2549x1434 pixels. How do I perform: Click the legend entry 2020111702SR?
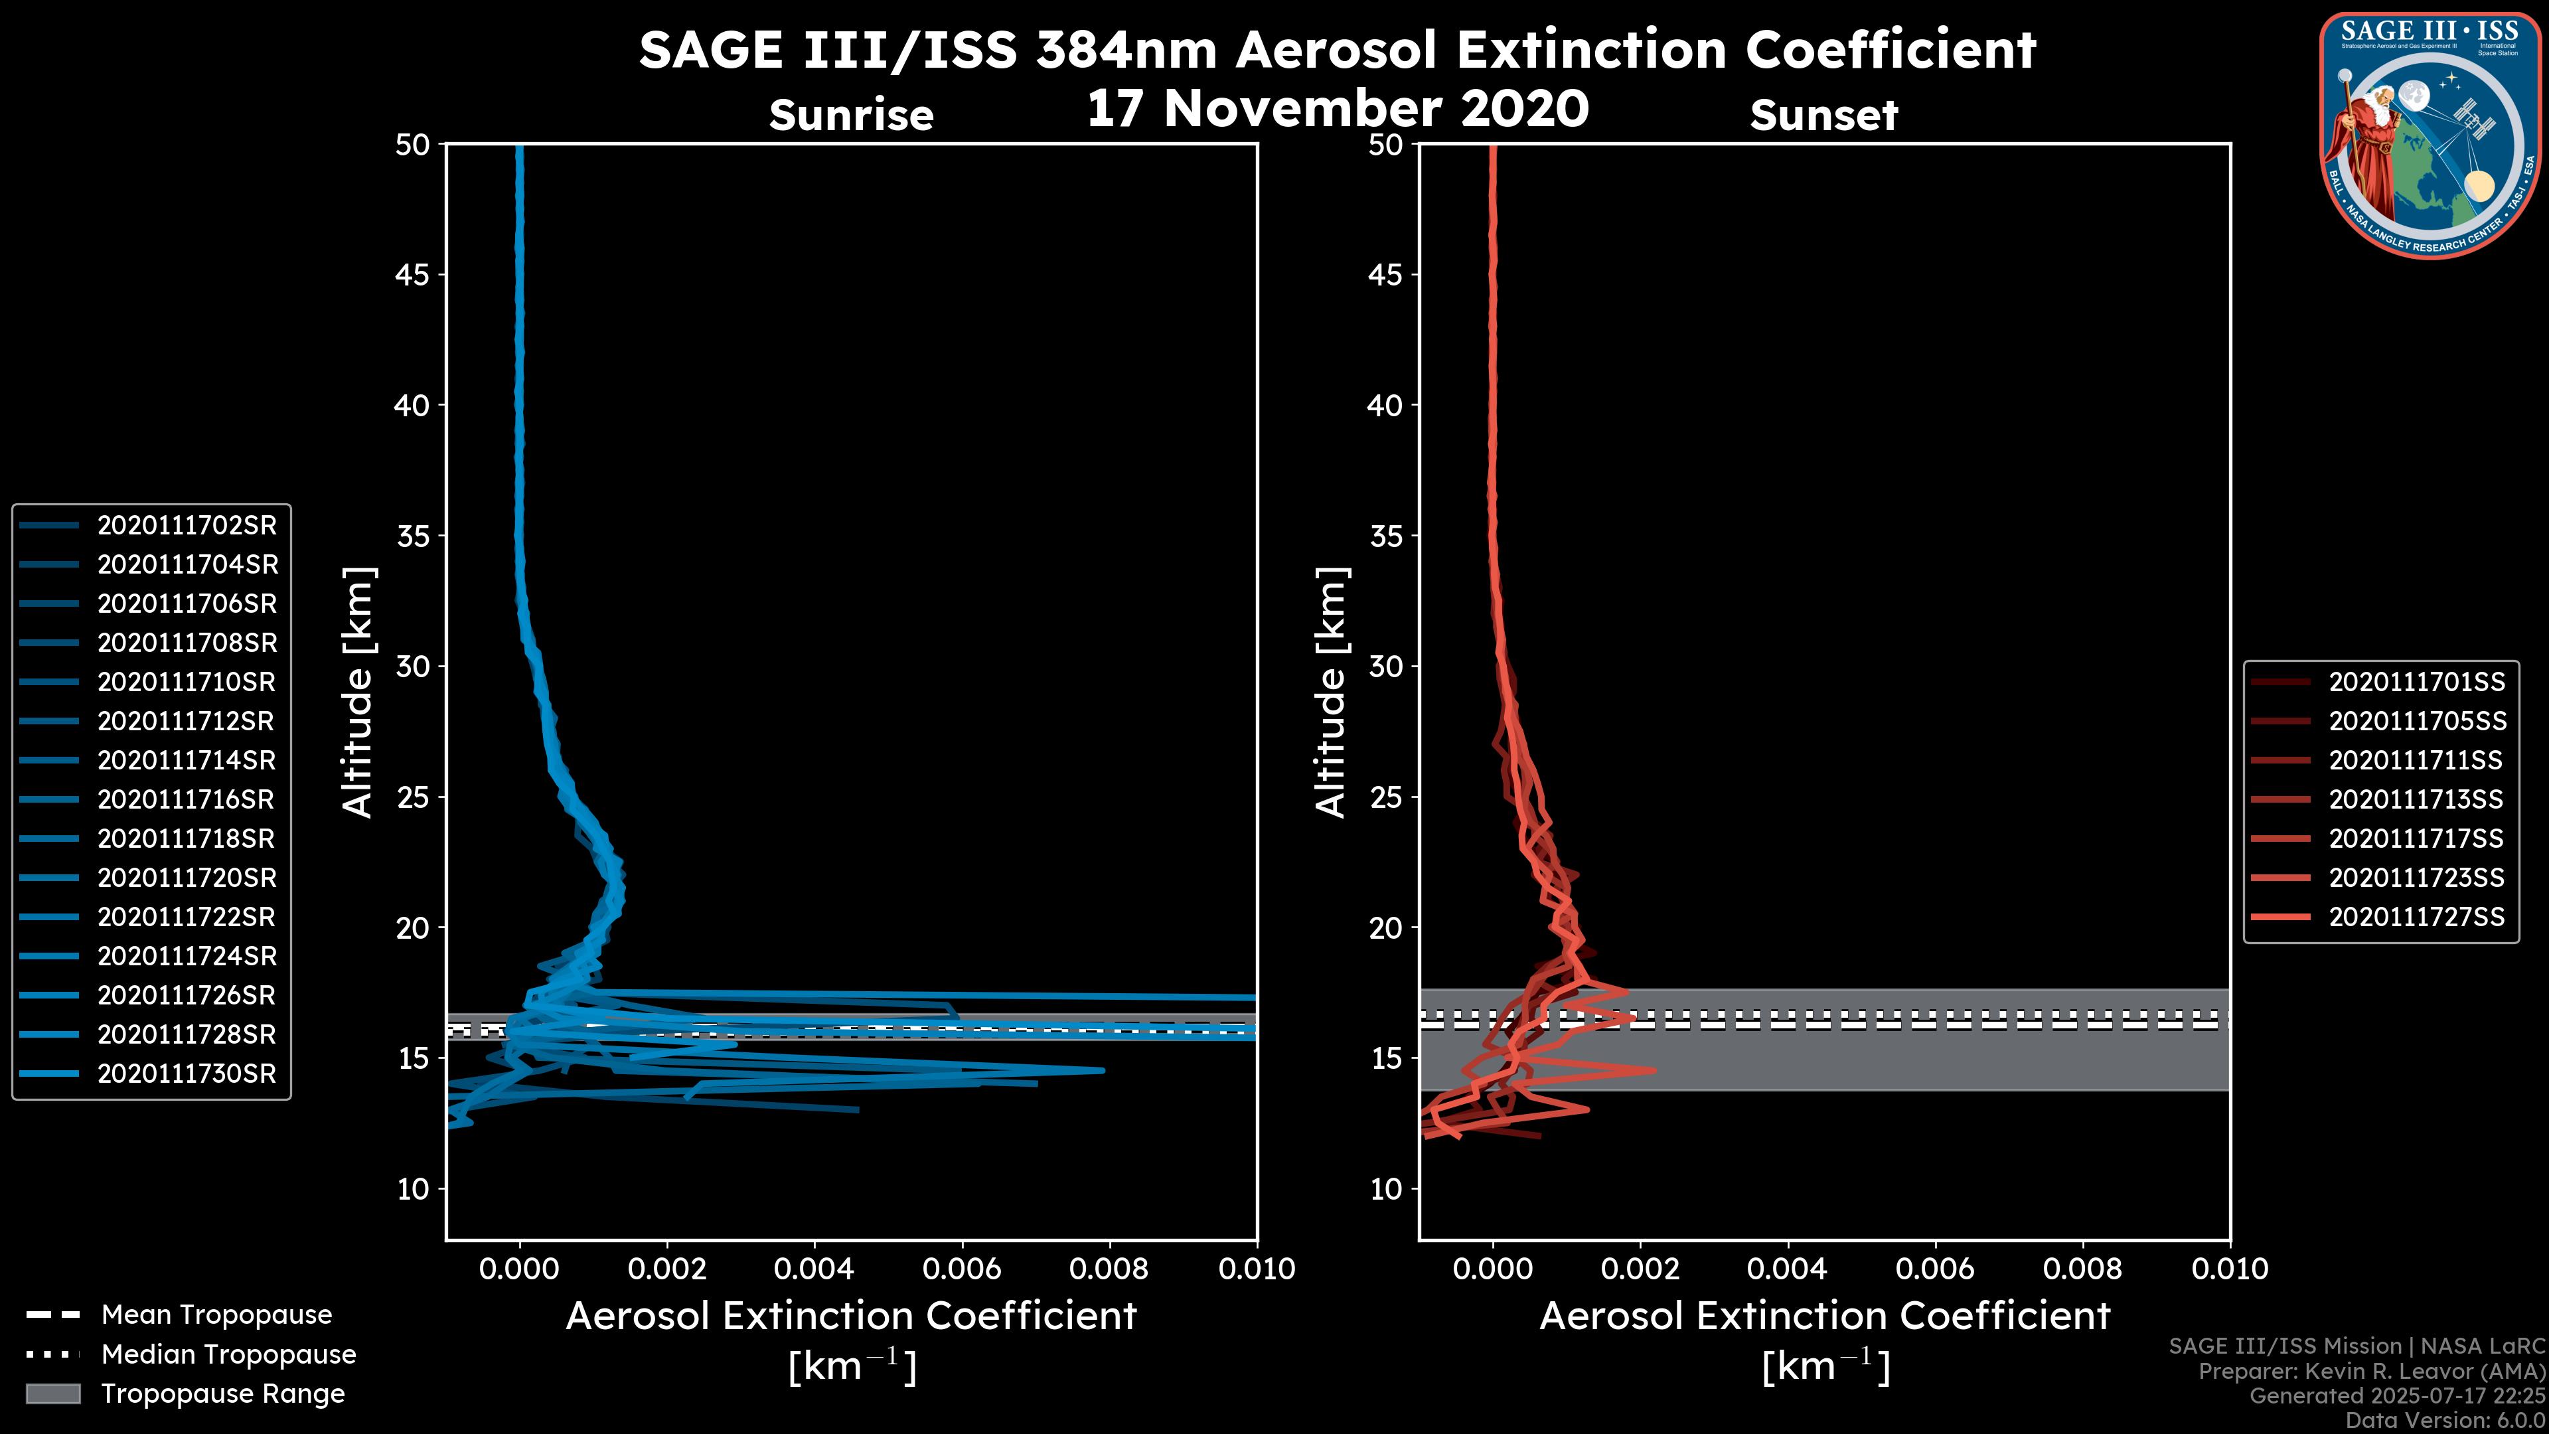186,526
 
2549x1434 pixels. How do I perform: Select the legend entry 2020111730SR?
186,1074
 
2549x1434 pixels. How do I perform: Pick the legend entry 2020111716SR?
186,799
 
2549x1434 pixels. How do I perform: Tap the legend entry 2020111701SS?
2416,682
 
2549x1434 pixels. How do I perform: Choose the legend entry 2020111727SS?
2416,917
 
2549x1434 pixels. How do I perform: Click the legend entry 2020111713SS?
2416,799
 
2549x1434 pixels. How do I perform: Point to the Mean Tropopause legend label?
216,1315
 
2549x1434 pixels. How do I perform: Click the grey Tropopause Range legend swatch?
52,1394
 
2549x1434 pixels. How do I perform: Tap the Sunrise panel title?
851,116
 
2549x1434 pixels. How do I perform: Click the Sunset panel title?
1823,116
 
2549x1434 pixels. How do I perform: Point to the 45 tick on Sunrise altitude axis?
414,275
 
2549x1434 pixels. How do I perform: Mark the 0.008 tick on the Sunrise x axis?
1109,1269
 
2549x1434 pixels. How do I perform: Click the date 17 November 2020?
1337,109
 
